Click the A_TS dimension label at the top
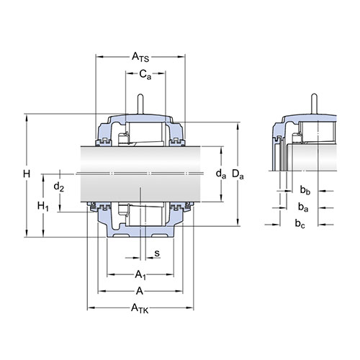coord(140,57)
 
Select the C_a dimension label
coord(145,74)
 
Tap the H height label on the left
coord(27,174)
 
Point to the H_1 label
coord(43,207)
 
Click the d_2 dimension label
coord(59,186)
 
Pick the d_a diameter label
coord(221,174)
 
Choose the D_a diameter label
coord(238,174)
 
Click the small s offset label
coord(157,253)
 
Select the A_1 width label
coord(140,274)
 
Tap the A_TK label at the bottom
coord(140,308)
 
